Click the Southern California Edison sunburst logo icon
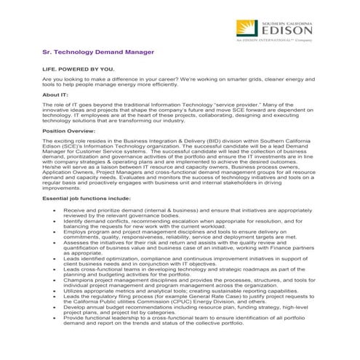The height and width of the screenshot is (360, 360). click(247, 31)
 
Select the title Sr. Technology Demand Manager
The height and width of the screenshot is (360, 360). click(98, 52)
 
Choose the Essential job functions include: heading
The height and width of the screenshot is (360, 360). click(87, 197)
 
